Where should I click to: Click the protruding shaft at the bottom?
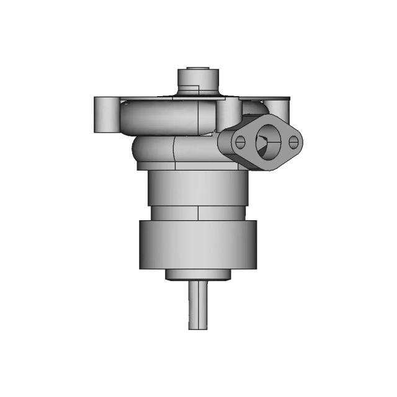coord(198,304)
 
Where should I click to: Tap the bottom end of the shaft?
coord(198,327)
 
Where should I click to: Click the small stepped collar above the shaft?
coord(198,274)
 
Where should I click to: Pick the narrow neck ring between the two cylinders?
coord(198,213)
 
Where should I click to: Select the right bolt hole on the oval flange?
coord(295,143)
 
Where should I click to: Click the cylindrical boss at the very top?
coord(198,81)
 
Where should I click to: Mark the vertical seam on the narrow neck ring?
coord(198,213)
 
